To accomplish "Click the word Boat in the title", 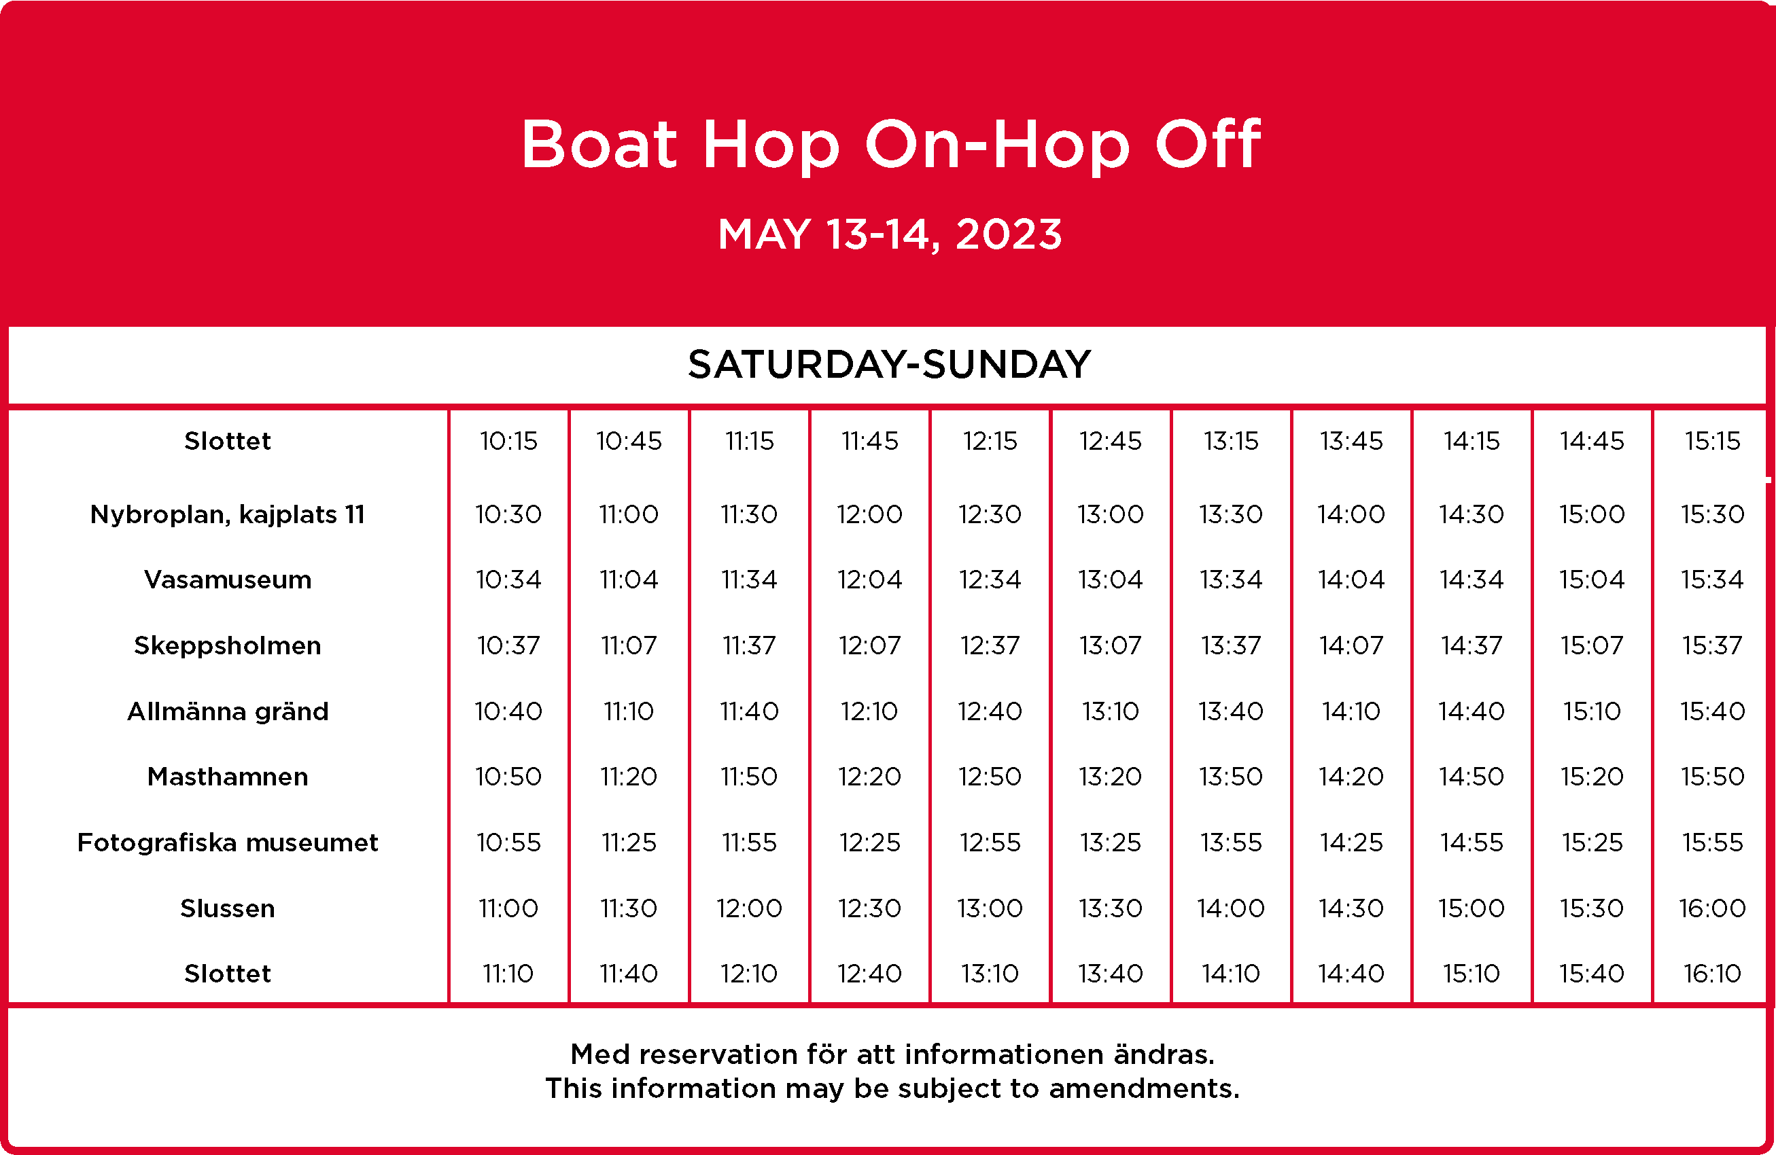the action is pyautogui.click(x=599, y=143).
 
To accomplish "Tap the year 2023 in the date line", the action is pyautogui.click(x=1008, y=234).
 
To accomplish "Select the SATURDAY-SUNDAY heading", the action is pyautogui.click(x=889, y=364).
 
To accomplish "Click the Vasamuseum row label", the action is pyautogui.click(x=228, y=580).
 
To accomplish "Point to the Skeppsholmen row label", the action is pyautogui.click(x=228, y=646).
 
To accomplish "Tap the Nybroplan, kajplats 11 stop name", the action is pyautogui.click(x=228, y=515).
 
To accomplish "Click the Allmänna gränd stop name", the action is pyautogui.click(x=228, y=712).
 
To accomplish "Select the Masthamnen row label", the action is pyautogui.click(x=228, y=777).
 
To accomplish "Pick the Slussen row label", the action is pyautogui.click(x=228, y=908).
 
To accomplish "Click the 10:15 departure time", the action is pyautogui.click(x=508, y=441).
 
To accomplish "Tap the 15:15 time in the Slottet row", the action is pyautogui.click(x=1713, y=441).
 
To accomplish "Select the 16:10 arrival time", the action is pyautogui.click(x=1713, y=974).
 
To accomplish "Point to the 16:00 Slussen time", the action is pyautogui.click(x=1713, y=908).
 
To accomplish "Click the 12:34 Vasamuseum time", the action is pyautogui.click(x=990, y=580).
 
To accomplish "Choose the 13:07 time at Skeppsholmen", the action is pyautogui.click(x=1111, y=645).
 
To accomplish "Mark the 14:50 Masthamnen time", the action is pyautogui.click(x=1472, y=777).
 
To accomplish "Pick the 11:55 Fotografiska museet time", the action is pyautogui.click(x=749, y=842).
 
